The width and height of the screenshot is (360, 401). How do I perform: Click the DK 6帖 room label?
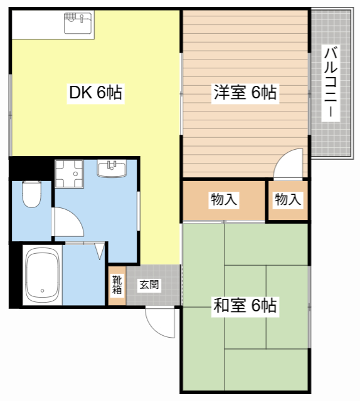click(x=95, y=94)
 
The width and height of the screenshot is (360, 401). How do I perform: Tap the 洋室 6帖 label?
click(x=245, y=93)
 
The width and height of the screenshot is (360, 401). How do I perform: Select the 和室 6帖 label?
click(x=245, y=306)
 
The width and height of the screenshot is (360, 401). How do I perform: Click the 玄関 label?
click(x=149, y=285)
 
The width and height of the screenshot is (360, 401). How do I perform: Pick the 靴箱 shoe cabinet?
click(x=117, y=285)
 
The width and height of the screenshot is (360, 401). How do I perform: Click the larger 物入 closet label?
click(x=224, y=200)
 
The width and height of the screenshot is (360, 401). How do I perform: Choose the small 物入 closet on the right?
click(x=288, y=200)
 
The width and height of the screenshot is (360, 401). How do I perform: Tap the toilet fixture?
click(x=31, y=194)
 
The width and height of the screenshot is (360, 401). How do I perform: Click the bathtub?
click(x=41, y=274)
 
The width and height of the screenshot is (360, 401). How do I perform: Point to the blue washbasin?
click(x=112, y=167)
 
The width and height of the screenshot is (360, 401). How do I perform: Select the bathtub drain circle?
click(x=41, y=291)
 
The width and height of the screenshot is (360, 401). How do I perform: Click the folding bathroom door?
click(x=99, y=250)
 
